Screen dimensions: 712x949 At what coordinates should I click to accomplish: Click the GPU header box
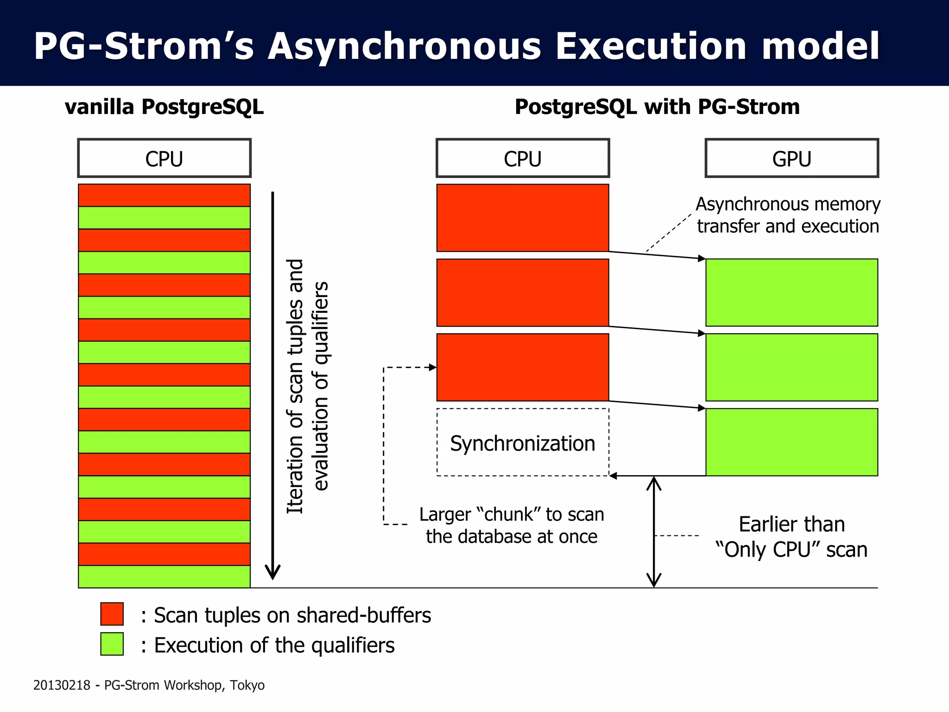(x=791, y=159)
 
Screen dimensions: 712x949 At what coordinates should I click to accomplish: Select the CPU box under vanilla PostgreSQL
(x=164, y=159)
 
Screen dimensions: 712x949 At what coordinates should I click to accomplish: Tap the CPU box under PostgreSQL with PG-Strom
(x=522, y=159)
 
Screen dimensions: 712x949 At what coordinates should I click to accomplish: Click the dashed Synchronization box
(x=522, y=443)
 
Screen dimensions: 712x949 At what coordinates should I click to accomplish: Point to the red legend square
(x=112, y=614)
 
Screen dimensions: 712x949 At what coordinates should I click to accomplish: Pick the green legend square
(x=112, y=644)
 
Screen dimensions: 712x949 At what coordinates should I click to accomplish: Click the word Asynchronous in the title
(x=404, y=46)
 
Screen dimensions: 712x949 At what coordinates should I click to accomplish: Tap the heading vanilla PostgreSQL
(x=164, y=107)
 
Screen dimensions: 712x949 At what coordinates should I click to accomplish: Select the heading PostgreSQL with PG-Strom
(x=657, y=107)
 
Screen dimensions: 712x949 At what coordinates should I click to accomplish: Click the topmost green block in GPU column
(x=791, y=292)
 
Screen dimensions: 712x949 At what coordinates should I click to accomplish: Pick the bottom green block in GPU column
(x=791, y=442)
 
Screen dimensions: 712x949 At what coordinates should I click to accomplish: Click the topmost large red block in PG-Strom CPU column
(x=522, y=218)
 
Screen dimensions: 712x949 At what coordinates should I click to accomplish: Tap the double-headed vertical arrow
(x=653, y=532)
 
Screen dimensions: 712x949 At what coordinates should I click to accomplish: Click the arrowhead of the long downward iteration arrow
(x=272, y=573)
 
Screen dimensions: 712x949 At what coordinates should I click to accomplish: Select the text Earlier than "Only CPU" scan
(x=791, y=537)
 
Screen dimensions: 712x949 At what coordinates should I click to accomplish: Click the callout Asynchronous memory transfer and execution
(x=788, y=215)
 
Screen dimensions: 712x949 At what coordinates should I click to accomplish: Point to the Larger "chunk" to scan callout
(x=511, y=525)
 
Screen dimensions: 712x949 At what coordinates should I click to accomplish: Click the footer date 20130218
(x=62, y=685)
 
